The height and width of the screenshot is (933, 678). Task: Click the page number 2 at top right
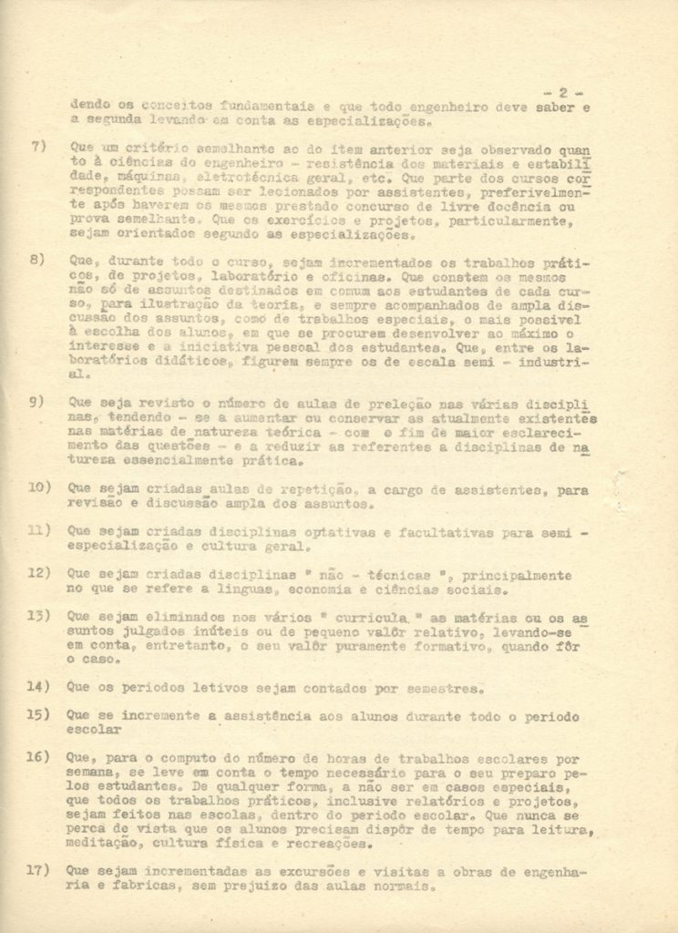[x=564, y=92]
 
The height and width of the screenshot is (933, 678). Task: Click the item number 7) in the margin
[x=37, y=146]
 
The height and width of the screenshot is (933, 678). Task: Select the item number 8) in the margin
[x=37, y=260]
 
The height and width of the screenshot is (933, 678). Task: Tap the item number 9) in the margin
[x=37, y=402]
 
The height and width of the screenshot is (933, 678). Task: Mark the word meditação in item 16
[x=102, y=845]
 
